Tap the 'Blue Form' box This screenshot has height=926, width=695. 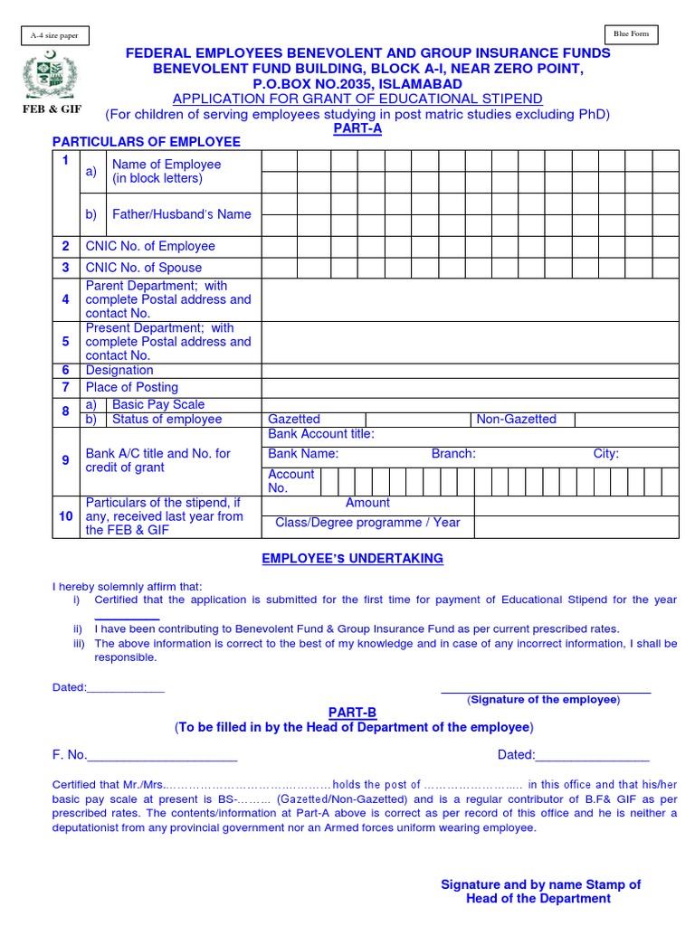[632, 34]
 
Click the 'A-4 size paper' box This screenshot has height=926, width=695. [53, 35]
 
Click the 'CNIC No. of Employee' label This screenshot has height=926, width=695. [150, 246]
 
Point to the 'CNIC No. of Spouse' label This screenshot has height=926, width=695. [144, 268]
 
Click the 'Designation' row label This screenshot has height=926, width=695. [119, 370]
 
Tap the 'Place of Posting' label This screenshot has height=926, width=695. [132, 387]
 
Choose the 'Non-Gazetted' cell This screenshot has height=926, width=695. [517, 420]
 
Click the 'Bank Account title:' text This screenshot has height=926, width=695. [321, 435]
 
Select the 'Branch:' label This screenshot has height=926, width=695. [453, 454]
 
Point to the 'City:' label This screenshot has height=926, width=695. [606, 454]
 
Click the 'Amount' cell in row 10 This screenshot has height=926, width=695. [367, 503]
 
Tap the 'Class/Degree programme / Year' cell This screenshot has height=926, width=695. [367, 523]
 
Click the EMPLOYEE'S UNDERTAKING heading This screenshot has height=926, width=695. [353, 559]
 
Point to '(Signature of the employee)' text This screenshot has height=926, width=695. [543, 700]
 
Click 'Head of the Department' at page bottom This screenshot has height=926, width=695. [538, 899]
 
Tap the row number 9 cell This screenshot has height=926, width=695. [65, 460]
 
